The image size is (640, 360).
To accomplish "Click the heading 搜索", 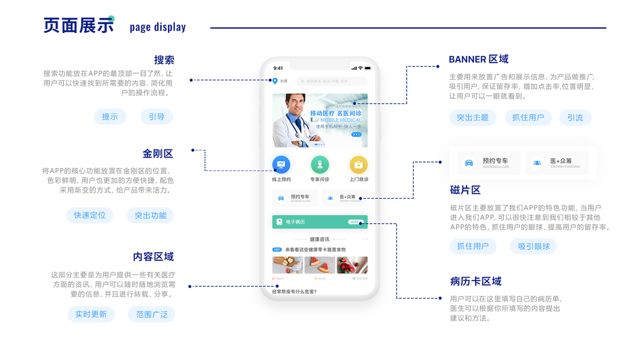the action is [164, 60].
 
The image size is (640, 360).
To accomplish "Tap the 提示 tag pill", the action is [110, 117].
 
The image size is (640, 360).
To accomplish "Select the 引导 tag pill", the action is [157, 117].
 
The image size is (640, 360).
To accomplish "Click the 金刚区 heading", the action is [158, 154].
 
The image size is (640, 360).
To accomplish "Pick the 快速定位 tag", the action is [89, 215].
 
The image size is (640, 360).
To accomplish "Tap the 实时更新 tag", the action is [91, 314].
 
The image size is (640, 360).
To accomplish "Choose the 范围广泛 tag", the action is [151, 314].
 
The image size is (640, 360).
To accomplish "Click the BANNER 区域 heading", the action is [479, 59].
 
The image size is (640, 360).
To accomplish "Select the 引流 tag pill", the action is [575, 118].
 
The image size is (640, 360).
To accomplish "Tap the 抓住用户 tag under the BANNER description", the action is [528, 118].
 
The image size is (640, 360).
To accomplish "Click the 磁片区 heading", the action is [465, 190].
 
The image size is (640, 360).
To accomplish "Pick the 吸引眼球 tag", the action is [534, 246].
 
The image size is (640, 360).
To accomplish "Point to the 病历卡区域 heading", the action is [476, 281].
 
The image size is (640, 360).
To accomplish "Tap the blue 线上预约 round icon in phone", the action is [281, 164].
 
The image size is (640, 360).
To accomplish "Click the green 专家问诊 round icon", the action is [320, 164].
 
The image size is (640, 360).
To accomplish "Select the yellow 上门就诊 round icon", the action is [358, 164].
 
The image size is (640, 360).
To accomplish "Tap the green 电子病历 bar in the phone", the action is [320, 222].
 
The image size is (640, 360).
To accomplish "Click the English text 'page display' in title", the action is [158, 27].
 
